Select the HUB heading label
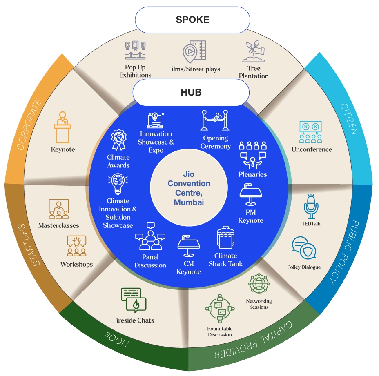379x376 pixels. (x=191, y=93)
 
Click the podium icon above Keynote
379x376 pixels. (x=62, y=127)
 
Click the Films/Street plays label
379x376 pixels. (x=194, y=69)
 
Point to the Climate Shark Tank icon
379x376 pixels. (x=225, y=238)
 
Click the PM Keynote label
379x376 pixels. (x=251, y=217)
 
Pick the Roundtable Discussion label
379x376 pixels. (x=219, y=331)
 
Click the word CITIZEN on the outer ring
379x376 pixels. (x=349, y=119)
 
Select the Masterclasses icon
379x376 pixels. (x=58, y=209)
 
